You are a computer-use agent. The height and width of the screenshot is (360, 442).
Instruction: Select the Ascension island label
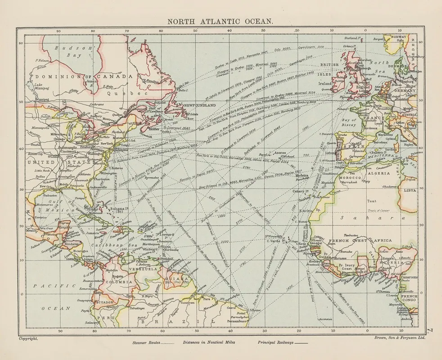click(x=325, y=319)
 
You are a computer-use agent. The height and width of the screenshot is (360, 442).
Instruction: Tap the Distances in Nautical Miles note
click(x=208, y=342)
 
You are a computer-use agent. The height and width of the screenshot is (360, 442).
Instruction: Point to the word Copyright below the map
click(x=28, y=337)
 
